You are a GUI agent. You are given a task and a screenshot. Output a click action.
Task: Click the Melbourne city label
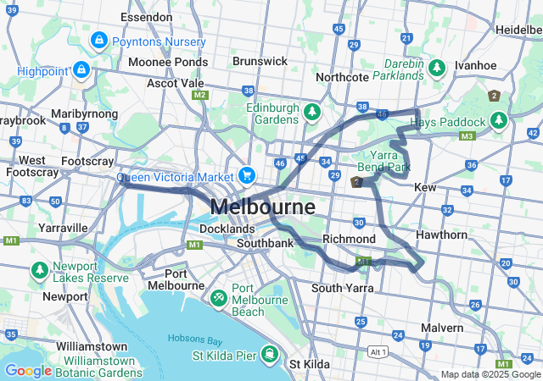click(262, 207)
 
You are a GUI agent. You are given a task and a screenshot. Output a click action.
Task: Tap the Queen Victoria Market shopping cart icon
click(247, 176)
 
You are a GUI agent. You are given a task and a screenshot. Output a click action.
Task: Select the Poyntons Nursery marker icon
click(99, 40)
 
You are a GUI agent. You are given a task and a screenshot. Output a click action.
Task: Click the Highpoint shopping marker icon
click(81, 69)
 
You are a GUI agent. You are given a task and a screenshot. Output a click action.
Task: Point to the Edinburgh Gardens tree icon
click(312, 112)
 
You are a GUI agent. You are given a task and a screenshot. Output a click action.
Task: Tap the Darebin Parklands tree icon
click(437, 66)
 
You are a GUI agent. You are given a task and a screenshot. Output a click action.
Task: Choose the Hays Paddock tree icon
click(498, 122)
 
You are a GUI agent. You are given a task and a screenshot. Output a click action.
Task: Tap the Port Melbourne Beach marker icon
click(218, 297)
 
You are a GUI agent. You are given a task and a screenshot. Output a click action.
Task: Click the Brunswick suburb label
click(260, 61)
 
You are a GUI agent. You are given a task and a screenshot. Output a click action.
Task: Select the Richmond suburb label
click(349, 240)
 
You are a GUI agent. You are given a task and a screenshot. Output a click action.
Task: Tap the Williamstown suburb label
click(92, 347)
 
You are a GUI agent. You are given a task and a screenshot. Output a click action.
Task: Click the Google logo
click(28, 370)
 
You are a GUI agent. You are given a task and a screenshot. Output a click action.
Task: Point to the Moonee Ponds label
click(168, 62)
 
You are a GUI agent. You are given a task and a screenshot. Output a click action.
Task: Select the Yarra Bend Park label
click(389, 161)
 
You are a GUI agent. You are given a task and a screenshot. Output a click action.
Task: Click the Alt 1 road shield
click(378, 351)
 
